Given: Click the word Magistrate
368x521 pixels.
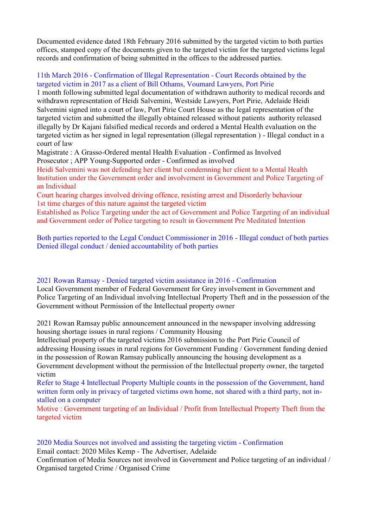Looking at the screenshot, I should pyautogui.click(x=53, y=152).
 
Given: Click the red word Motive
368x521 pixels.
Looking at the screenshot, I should pyautogui.click(x=48, y=409).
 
